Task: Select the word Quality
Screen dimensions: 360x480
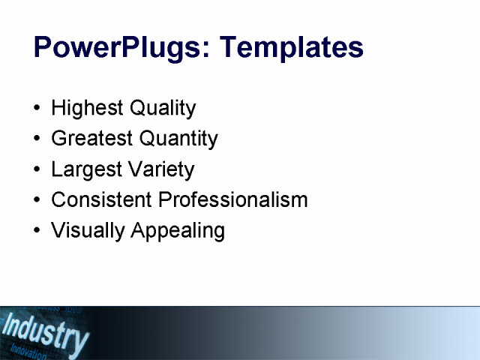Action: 163,108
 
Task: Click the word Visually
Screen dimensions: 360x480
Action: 88,231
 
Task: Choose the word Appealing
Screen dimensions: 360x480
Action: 178,231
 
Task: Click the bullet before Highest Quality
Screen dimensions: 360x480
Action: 38,109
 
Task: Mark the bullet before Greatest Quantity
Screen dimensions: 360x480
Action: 38,139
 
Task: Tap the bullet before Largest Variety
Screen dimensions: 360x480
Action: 38,170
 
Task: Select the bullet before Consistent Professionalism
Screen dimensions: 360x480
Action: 38,201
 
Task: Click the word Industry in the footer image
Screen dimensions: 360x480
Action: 45,332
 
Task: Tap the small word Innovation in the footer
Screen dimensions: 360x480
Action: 28,352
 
